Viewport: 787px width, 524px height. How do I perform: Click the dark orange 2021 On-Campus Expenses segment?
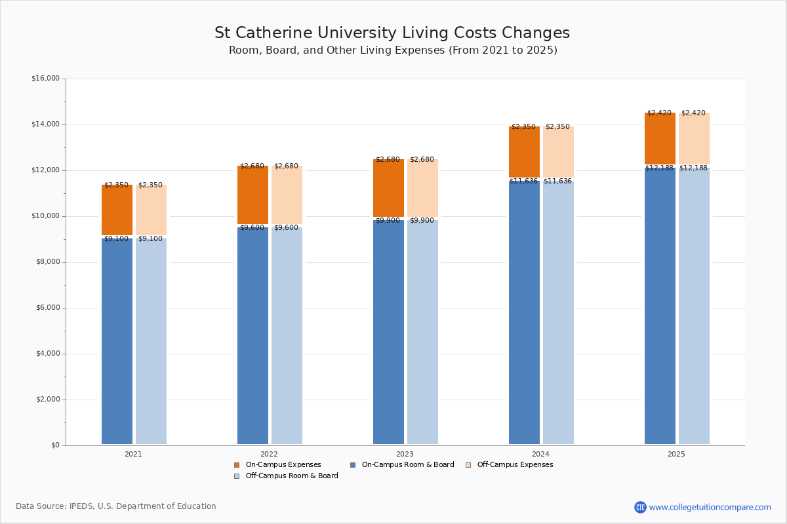[x=117, y=210]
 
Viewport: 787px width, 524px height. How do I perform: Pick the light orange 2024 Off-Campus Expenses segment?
[x=558, y=152]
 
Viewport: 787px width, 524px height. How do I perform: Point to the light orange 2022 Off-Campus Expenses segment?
[x=287, y=195]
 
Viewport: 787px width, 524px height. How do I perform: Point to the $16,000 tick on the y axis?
[x=45, y=79]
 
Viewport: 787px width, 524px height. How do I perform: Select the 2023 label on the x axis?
[x=405, y=453]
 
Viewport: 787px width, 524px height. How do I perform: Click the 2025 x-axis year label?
[x=676, y=453]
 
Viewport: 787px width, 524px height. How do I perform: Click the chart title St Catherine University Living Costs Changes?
[x=392, y=33]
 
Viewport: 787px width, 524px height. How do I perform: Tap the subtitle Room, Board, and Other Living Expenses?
[x=393, y=50]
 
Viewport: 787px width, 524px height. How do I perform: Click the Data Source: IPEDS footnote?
[x=116, y=506]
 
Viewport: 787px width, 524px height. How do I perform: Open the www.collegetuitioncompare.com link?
[x=710, y=507]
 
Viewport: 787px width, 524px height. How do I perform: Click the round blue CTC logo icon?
[x=640, y=507]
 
